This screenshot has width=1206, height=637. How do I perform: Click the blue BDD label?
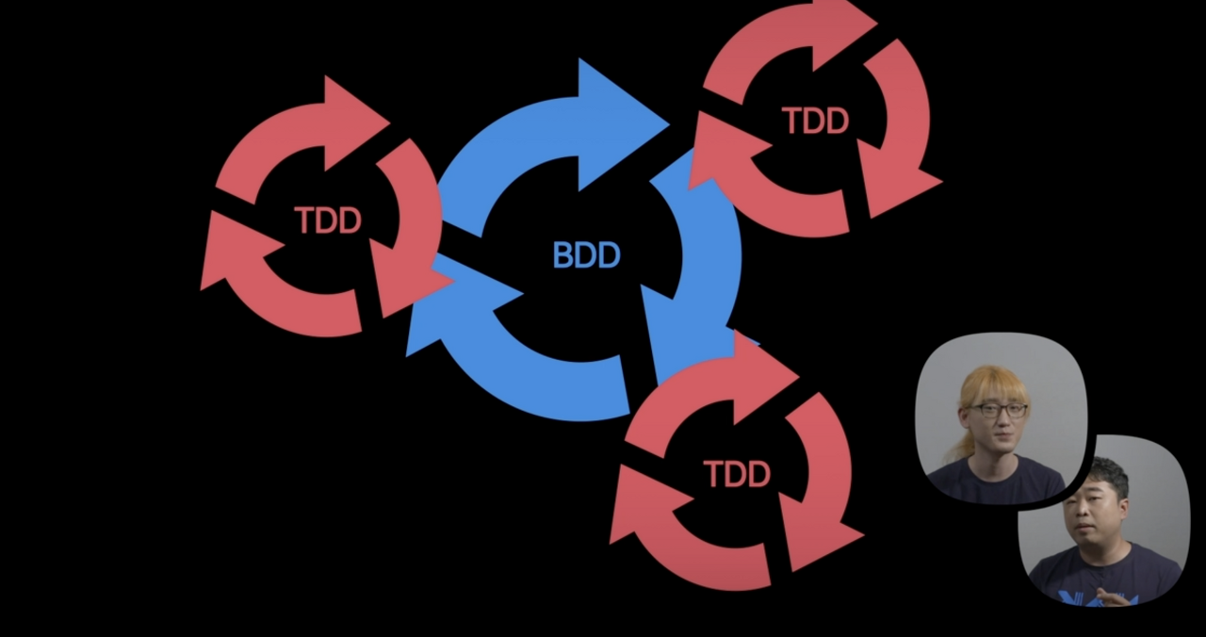586,255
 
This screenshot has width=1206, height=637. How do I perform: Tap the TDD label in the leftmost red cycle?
328,220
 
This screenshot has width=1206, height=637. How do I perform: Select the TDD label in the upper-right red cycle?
815,121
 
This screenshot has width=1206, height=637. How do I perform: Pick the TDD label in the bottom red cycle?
737,474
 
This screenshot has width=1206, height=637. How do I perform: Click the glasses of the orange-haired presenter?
1000,410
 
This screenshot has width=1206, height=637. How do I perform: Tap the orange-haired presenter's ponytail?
960,443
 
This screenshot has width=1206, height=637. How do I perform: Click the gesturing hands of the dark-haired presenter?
1116,596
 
